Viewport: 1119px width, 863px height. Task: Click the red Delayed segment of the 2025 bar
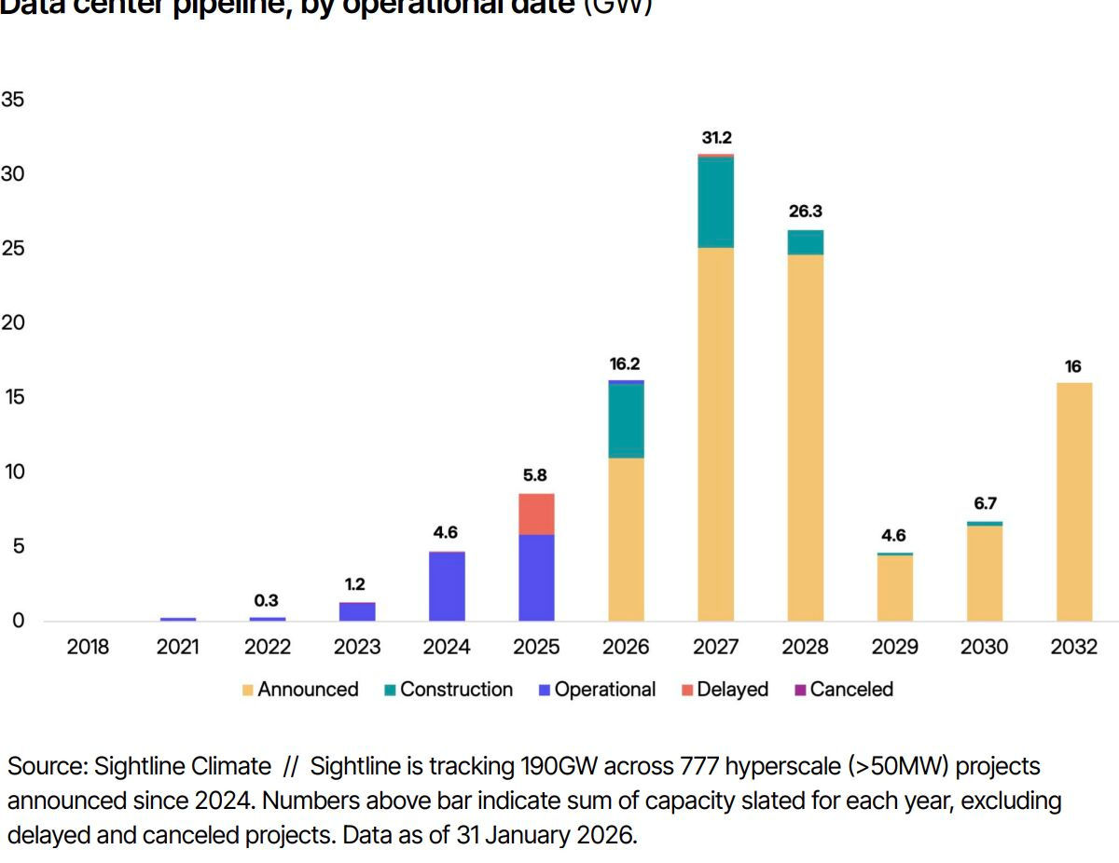[x=536, y=514]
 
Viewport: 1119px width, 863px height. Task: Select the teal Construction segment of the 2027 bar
[x=715, y=202]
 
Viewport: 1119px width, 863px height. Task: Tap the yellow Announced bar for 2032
[x=1073, y=501]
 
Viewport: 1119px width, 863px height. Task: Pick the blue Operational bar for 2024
[x=447, y=586]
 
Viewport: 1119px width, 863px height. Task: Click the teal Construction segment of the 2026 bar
[x=626, y=420]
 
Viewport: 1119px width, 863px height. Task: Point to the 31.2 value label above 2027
[x=716, y=138]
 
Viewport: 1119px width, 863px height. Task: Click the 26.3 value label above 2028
[x=806, y=212]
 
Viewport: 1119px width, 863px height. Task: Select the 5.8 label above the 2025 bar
[x=535, y=475]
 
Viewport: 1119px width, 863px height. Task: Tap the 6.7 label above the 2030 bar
[x=985, y=503]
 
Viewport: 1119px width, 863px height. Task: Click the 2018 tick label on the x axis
[x=88, y=647]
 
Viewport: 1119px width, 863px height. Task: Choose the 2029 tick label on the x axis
[x=894, y=647]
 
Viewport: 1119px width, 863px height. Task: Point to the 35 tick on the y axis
[x=13, y=100]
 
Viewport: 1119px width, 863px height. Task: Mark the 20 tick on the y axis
[x=13, y=323]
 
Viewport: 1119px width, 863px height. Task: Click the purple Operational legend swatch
[x=545, y=691]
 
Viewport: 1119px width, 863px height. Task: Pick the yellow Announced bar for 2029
[x=894, y=588]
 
